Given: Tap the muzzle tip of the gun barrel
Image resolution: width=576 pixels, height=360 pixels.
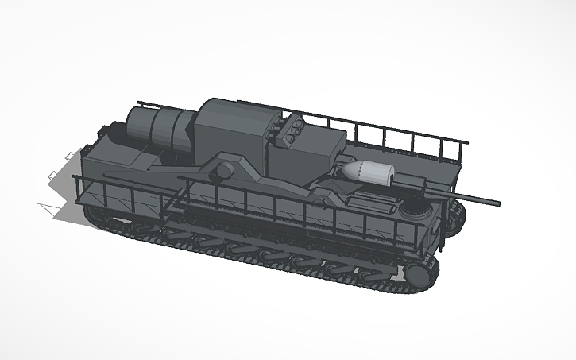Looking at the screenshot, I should point(497,203).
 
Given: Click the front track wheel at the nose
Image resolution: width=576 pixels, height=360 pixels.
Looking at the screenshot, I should point(417,273).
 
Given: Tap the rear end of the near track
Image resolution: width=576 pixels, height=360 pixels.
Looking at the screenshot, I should point(99,216).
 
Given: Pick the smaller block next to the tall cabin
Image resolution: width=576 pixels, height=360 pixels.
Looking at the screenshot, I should point(318,151).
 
